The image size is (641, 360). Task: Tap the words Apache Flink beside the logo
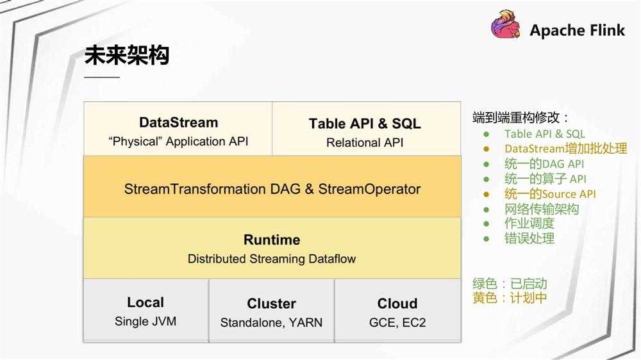577,30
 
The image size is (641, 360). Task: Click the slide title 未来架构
127,56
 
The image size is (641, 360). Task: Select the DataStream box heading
178,122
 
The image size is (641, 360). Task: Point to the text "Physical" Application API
178,142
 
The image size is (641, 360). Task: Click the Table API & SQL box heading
365,124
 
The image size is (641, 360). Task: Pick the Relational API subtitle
365,143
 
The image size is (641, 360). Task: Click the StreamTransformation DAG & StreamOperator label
272,189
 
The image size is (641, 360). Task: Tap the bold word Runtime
272,240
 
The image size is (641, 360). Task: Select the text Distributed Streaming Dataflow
272,259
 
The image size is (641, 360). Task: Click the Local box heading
146,302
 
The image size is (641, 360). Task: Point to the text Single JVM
146,322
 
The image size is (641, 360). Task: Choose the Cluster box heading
271,304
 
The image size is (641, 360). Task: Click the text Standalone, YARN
271,323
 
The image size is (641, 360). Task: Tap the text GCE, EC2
397,323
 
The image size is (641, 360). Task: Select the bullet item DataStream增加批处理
565,149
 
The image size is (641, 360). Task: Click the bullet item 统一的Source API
550,194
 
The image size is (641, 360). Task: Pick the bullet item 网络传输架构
542,209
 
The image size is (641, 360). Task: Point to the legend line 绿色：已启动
510,284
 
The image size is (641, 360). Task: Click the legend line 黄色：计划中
510,298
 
